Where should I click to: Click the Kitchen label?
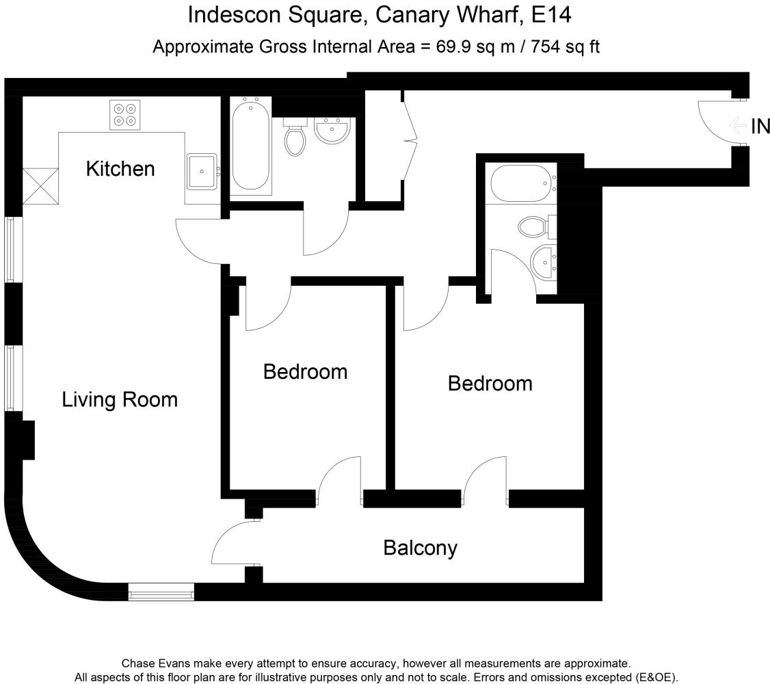[x=120, y=168]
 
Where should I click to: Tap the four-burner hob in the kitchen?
[x=125, y=115]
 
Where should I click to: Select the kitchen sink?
[x=202, y=172]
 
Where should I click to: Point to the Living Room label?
[x=120, y=399]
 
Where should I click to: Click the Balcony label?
[x=420, y=548]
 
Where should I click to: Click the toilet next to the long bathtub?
[x=295, y=140]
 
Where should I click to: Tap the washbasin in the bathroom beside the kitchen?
[x=333, y=130]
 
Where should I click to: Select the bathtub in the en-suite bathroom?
[x=520, y=183]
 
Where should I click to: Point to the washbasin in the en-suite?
[x=544, y=261]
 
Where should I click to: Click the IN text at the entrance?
[x=760, y=127]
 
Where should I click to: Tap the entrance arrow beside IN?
[x=738, y=126]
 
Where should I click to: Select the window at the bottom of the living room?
[x=161, y=592]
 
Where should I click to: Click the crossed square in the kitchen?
[x=40, y=186]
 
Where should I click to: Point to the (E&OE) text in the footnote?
[x=655, y=676]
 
